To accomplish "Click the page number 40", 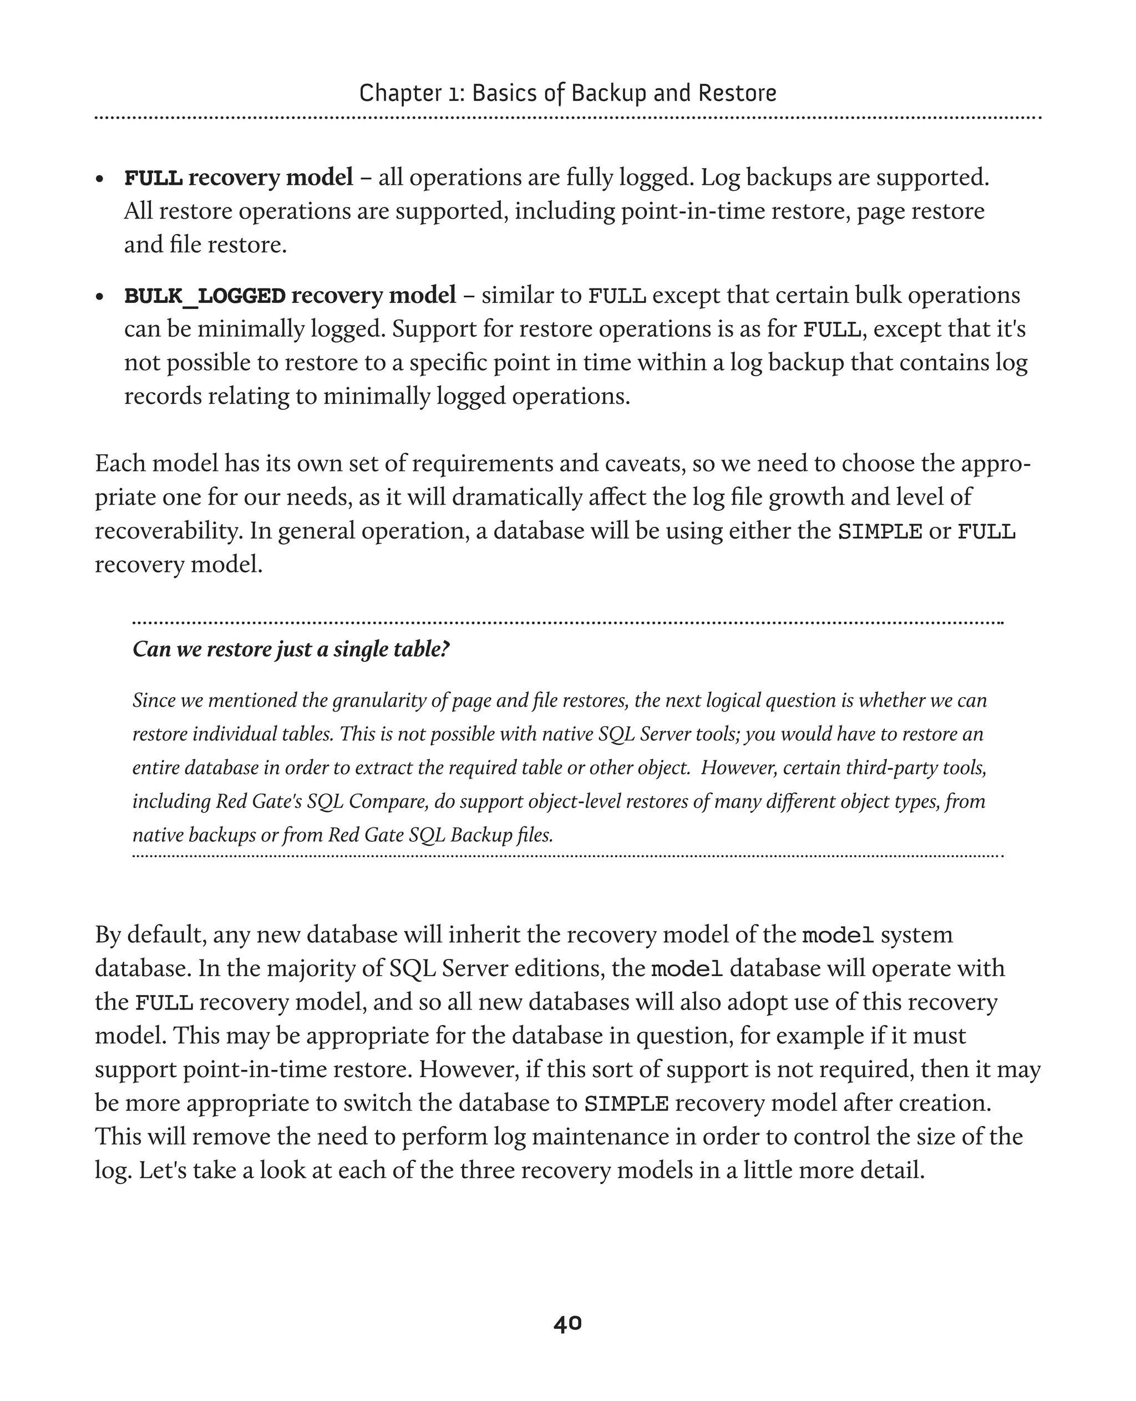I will point(567,1323).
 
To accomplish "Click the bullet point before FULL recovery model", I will point(99,179).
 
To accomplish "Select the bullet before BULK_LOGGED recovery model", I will point(99,296).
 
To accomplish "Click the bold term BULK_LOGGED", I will point(205,296).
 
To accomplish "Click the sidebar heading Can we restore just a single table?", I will point(291,649).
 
